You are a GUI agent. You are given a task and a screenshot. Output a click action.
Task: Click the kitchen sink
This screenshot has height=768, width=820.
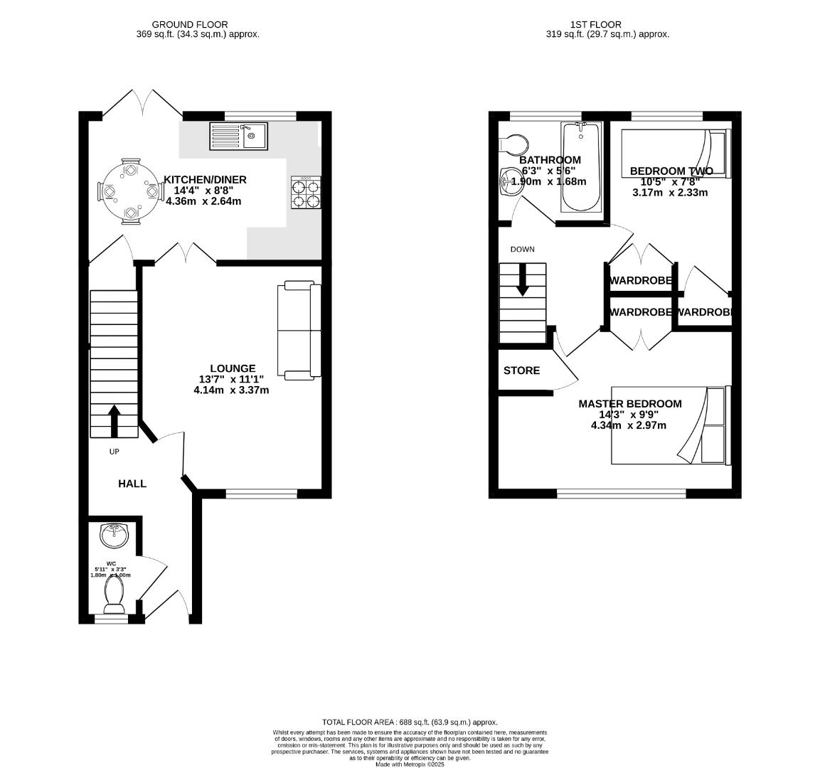click(x=239, y=136)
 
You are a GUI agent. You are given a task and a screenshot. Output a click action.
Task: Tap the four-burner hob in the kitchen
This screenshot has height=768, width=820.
click(x=305, y=193)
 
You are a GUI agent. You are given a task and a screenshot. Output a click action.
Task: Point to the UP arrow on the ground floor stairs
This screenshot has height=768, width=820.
click(x=114, y=421)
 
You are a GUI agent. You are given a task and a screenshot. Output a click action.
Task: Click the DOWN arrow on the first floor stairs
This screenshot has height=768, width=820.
click(x=523, y=279)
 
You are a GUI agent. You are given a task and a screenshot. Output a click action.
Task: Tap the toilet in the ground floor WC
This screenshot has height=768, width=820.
click(x=114, y=594)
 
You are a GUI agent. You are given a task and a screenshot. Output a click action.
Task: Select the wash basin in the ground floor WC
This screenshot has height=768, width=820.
click(x=114, y=535)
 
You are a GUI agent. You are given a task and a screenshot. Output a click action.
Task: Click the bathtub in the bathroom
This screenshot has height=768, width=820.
click(x=582, y=167)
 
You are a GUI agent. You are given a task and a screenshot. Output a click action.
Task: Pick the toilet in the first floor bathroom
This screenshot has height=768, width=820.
click(x=513, y=145)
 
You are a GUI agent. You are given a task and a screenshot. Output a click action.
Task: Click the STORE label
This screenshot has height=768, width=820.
click(x=521, y=370)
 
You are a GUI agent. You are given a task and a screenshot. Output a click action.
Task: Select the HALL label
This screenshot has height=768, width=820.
click(x=132, y=484)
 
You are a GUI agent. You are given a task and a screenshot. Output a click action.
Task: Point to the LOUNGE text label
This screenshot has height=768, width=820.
click(x=232, y=368)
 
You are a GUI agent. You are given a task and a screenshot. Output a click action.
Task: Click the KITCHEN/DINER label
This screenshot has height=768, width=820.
click(x=205, y=180)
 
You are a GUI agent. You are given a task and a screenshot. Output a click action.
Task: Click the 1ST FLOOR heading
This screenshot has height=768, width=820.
click(x=585, y=25)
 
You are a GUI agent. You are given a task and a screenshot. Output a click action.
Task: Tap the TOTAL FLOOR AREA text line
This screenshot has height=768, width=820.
click(x=410, y=722)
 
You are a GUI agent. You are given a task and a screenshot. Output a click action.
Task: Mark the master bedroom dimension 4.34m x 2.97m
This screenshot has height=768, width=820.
click(x=628, y=425)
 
